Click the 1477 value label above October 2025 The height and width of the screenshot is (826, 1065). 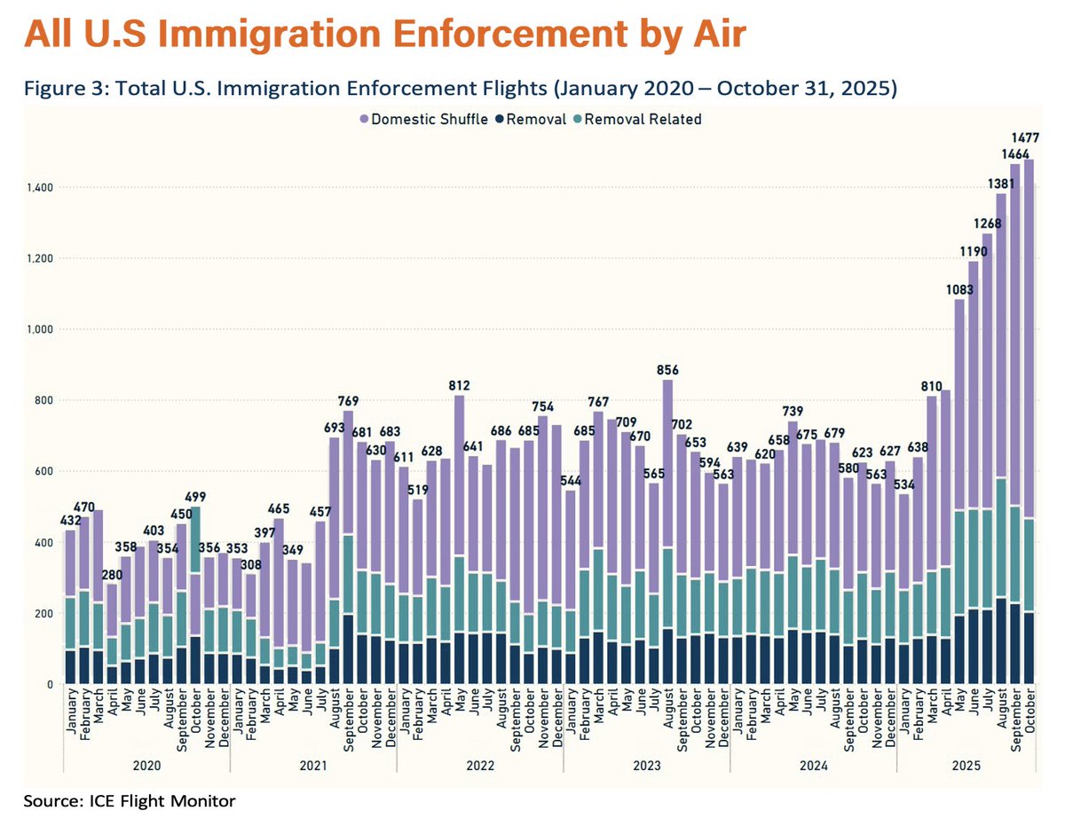tap(1026, 138)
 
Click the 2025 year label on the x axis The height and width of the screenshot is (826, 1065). tap(966, 765)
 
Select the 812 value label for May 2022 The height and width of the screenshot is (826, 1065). tap(459, 386)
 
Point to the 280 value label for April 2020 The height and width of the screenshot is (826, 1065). tap(112, 575)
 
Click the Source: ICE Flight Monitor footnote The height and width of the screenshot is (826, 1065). tap(130, 802)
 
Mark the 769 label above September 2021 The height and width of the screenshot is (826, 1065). tap(347, 401)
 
